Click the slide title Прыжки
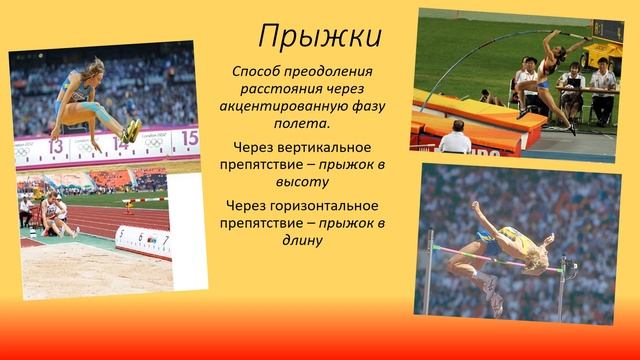pyautogui.click(x=320, y=36)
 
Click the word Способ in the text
pyautogui.click(x=258, y=73)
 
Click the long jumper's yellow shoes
pyautogui.click(x=131, y=130)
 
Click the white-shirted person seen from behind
pyautogui.click(x=455, y=139)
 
